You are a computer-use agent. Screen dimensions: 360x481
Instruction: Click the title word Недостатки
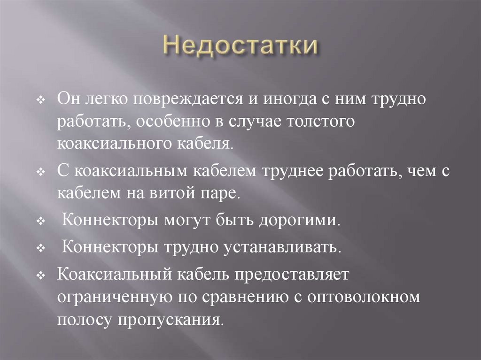[x=240, y=48]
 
